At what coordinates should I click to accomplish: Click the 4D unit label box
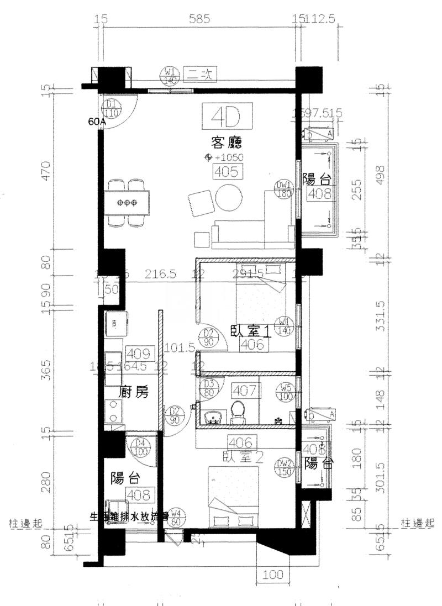227,117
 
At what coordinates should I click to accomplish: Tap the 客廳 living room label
227,143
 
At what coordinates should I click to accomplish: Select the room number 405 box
227,172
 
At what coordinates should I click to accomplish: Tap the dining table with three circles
128,203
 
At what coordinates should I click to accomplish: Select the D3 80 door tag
209,387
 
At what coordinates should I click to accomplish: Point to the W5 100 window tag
286,391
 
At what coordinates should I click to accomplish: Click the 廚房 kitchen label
134,393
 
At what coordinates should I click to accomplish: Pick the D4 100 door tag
141,446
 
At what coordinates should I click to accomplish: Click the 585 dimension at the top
199,19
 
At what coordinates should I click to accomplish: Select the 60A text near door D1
97,123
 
